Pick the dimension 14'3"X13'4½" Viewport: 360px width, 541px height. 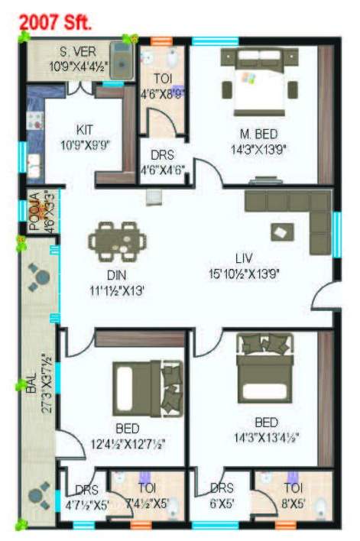265,438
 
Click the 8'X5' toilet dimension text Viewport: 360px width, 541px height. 293,502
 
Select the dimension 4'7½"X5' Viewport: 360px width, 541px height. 86,502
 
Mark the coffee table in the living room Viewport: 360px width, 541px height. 280,233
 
